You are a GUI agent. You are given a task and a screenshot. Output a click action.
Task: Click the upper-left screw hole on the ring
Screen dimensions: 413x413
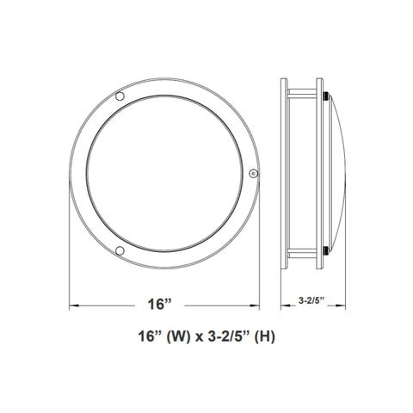[x=120, y=96]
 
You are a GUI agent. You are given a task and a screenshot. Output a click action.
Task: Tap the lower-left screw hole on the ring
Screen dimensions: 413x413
[x=120, y=250]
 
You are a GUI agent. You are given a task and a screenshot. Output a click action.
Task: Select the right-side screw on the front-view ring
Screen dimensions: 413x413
[x=253, y=173]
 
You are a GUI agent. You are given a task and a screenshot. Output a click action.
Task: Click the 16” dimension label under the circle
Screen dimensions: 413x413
[x=159, y=305]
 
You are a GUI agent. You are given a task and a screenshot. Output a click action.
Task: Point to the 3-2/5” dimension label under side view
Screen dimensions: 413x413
[x=311, y=300]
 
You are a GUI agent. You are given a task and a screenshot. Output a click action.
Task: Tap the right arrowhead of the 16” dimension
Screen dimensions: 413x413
[x=255, y=305]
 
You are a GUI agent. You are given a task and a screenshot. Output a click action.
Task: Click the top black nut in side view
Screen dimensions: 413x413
[x=326, y=96]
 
